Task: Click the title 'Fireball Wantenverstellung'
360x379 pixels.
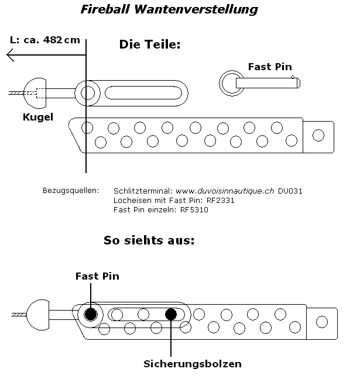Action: pos(168,10)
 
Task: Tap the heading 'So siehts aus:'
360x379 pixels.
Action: pos(149,240)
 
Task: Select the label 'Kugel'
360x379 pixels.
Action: pos(37,117)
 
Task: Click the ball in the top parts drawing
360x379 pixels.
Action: pos(36,92)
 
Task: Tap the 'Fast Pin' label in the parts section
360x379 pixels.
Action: pos(270,67)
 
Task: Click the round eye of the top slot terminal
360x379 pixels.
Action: pos(87,92)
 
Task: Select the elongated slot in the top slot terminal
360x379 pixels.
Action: pos(144,92)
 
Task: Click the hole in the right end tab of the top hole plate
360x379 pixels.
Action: pos(318,135)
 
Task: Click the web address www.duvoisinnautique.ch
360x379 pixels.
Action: pos(225,191)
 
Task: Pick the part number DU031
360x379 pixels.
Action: pos(290,191)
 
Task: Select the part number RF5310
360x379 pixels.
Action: pos(194,209)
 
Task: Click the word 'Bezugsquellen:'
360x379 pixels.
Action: pos(71,191)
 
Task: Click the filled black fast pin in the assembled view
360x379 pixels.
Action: pos(91,315)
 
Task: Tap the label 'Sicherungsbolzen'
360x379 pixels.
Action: pos(193,364)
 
